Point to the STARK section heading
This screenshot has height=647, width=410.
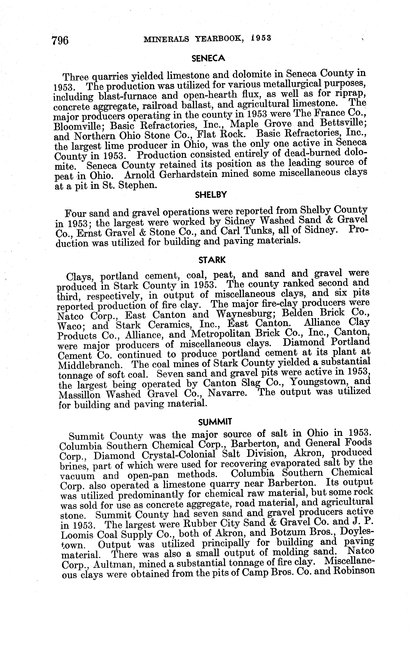212,260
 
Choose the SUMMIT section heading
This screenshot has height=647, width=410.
215,422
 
